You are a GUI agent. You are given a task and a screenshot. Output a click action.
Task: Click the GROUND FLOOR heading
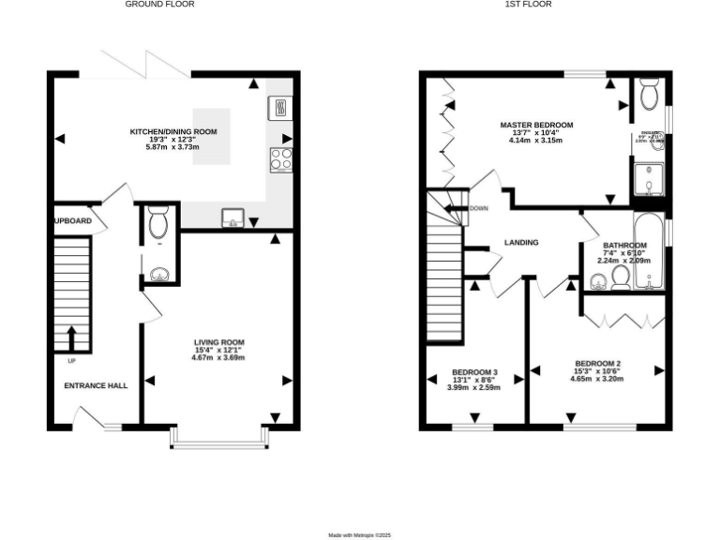point(160,5)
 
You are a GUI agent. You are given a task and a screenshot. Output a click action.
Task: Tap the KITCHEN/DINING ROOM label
point(173,132)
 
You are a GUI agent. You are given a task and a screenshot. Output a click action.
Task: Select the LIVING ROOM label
point(218,342)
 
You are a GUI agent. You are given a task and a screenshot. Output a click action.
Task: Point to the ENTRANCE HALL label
point(96,385)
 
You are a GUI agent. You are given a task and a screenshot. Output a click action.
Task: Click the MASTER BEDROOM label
point(536,125)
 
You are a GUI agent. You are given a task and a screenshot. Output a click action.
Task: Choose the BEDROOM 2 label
point(598,364)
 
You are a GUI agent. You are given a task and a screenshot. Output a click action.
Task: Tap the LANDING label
point(521,243)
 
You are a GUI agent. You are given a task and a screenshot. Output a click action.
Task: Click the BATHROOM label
point(624,246)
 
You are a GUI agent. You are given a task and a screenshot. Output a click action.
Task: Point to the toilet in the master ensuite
point(649,94)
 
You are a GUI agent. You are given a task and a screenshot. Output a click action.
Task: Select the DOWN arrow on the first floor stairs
point(457,208)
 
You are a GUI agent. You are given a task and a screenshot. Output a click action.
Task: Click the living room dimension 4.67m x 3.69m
point(218,357)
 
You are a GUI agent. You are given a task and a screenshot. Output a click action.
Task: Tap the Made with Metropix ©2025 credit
point(359,534)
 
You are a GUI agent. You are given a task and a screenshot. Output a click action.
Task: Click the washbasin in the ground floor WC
point(157,274)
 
